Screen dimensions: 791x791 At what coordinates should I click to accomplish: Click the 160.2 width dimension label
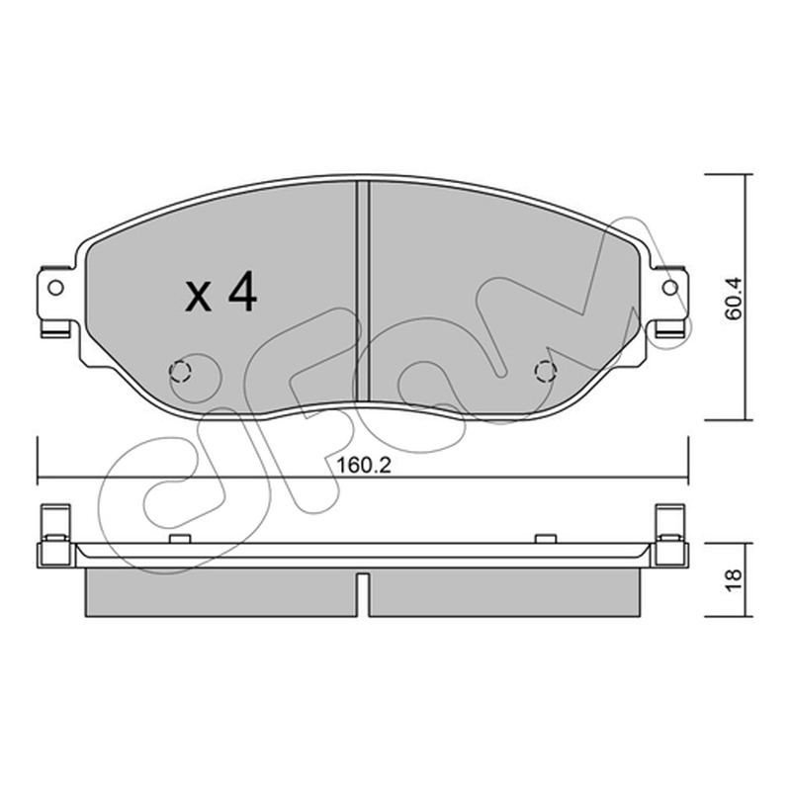[x=363, y=465]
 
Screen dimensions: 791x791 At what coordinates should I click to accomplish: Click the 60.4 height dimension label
[x=733, y=299]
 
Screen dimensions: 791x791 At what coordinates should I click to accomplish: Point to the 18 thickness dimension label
[x=734, y=579]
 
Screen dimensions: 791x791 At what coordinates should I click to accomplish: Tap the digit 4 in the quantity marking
[x=242, y=292]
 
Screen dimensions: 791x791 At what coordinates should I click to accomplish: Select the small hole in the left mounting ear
[x=55, y=288]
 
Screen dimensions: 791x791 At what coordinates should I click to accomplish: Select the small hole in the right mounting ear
[x=670, y=288]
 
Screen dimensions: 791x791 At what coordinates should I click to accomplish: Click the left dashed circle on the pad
[x=180, y=372]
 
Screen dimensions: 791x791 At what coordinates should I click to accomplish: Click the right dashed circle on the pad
[x=546, y=372]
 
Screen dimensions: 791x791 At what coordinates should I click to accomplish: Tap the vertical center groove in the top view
[x=363, y=292]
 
